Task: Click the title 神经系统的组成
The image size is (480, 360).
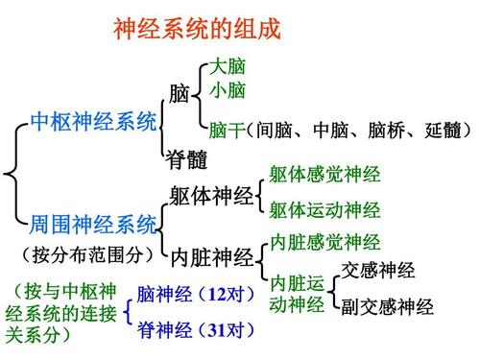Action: pos(197,29)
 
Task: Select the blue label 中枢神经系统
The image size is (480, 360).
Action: pos(93,122)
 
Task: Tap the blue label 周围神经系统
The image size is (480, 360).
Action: pos(93,226)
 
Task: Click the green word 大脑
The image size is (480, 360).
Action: pos(228,68)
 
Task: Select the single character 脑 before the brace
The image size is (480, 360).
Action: pos(179,94)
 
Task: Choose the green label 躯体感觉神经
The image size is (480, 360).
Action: pos(324,176)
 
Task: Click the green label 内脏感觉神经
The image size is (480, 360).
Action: pos(324,241)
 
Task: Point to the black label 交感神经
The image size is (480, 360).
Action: pos(378,269)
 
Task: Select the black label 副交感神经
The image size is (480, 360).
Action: pos(388,308)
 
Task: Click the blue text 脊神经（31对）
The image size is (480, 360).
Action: pos(196,331)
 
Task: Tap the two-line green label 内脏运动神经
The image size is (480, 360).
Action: pos(297,295)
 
